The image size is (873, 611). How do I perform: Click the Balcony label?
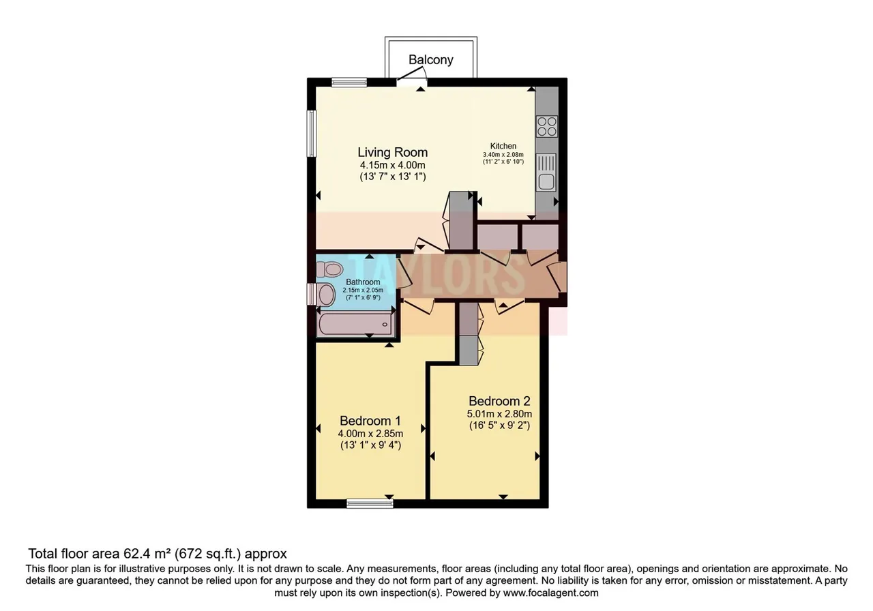[x=430, y=59]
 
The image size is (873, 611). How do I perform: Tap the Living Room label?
[x=392, y=152]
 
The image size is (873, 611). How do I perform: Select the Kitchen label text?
[x=503, y=146]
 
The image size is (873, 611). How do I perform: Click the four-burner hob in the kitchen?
[x=547, y=127]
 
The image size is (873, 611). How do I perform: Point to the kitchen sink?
[x=546, y=173]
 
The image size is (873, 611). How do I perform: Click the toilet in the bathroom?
[x=329, y=269]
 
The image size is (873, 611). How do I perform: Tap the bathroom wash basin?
[x=326, y=294]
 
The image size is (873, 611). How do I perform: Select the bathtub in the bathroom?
[x=355, y=324]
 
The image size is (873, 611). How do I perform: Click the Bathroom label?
[x=363, y=282]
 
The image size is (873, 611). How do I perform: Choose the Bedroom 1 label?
[x=370, y=421]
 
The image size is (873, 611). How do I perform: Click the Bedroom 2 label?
[x=499, y=401]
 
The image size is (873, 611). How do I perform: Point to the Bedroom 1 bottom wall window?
[x=370, y=504]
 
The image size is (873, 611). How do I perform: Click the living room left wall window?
[x=312, y=134]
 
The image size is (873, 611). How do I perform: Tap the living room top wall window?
[x=349, y=83]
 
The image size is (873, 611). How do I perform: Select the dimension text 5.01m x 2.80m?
[x=499, y=414]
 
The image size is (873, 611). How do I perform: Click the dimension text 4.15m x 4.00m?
[x=392, y=165]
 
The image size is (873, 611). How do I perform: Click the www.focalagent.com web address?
[x=550, y=593]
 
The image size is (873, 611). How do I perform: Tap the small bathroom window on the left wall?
[x=311, y=294]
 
